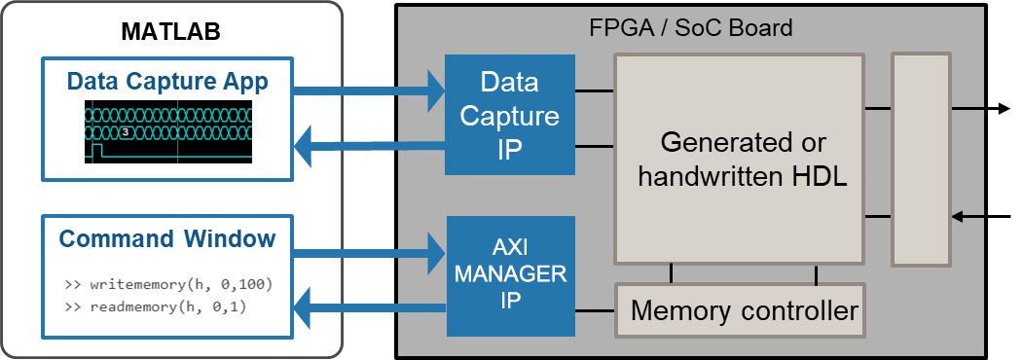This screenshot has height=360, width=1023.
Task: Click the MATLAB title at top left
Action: [x=170, y=30]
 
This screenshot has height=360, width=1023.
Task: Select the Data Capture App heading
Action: [x=167, y=82]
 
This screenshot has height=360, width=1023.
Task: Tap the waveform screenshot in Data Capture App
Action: [x=167, y=131]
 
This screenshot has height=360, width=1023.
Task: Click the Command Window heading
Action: [x=167, y=238]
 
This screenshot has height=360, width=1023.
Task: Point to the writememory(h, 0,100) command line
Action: [x=168, y=286]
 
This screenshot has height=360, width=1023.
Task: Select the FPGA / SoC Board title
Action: [x=691, y=27]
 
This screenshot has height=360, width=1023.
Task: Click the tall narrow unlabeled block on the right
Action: [x=921, y=160]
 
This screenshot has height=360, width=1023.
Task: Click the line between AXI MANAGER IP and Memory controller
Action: [x=595, y=312]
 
